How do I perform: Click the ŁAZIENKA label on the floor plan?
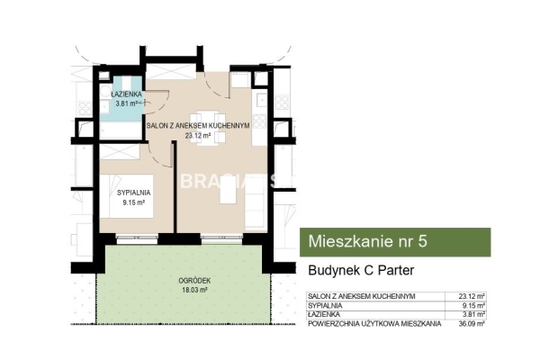pos(123,94)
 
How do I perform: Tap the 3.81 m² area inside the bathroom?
pos(121,103)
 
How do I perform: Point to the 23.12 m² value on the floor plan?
pos(197,136)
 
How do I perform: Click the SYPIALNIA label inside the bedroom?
pos(133,192)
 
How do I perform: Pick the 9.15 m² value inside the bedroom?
pos(134,202)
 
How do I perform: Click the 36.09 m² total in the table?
pos(472,322)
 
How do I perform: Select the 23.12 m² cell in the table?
pos(472,296)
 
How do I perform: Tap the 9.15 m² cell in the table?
pos(474,305)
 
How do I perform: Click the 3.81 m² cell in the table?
pos(474,313)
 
